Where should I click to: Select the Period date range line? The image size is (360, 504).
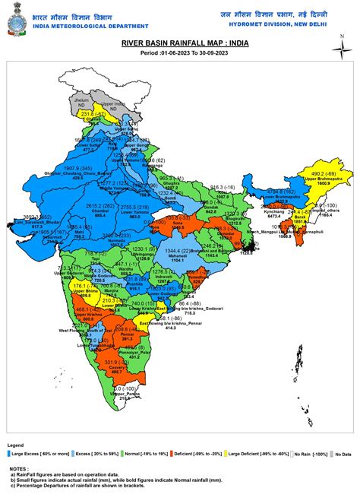tap(179, 53)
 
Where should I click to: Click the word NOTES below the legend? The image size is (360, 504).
tap(17, 469)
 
